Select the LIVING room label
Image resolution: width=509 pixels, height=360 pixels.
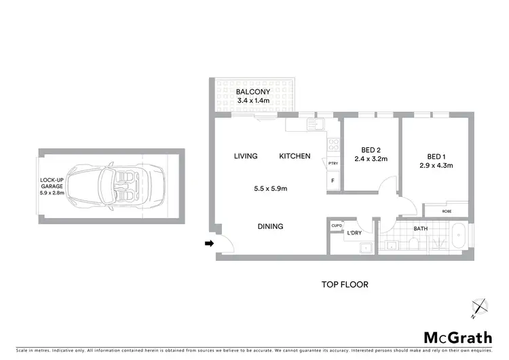(x=246, y=156)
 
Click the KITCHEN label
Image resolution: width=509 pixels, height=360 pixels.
(x=295, y=156)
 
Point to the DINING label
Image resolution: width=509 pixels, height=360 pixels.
(x=269, y=227)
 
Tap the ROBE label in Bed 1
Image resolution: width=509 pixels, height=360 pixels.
(x=446, y=211)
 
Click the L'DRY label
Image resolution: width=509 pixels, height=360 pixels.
(x=354, y=234)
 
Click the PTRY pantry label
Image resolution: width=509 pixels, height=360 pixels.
(x=333, y=164)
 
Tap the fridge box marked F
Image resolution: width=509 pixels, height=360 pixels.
(x=333, y=181)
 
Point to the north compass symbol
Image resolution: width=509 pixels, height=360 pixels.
(x=480, y=308)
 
